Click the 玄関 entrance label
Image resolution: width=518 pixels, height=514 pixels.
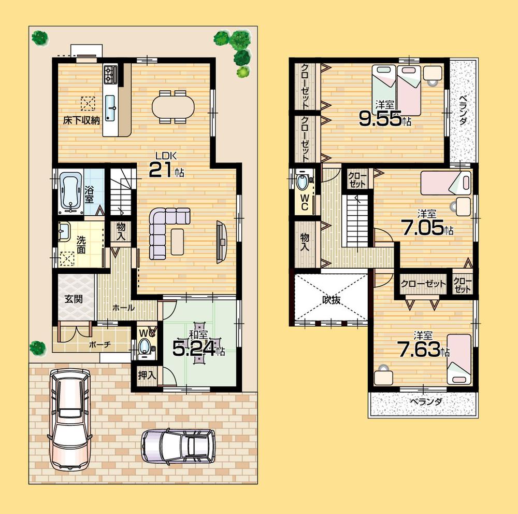pos(74,299)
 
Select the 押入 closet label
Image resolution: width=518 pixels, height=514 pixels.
pos(147,375)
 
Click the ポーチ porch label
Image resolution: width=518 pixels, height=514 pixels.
pos(85,344)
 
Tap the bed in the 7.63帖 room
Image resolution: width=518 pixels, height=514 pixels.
pos(458,358)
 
